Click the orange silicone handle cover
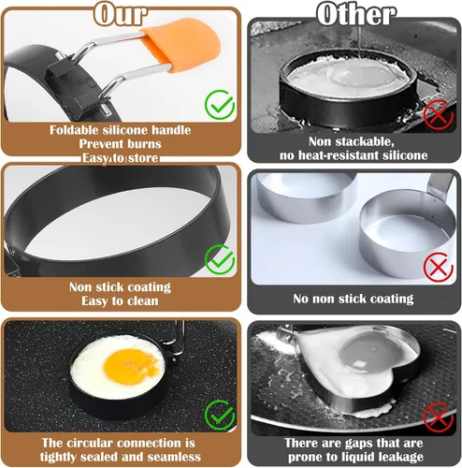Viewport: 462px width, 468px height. pos(180,44)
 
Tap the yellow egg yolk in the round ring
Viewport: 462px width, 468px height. pos(131,362)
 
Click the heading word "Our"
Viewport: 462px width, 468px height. pos(121,14)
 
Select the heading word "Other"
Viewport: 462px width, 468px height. pos(356,14)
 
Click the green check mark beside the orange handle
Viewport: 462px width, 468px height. pos(220,105)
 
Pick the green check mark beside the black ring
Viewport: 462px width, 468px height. pos(220,259)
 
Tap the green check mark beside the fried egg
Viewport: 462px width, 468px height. pos(220,416)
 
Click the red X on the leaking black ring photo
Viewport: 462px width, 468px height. pos(439,114)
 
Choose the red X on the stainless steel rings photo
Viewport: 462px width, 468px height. pos(439,267)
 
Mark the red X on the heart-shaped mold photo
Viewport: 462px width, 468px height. pos(439,417)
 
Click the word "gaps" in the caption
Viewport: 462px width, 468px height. pos(358,444)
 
